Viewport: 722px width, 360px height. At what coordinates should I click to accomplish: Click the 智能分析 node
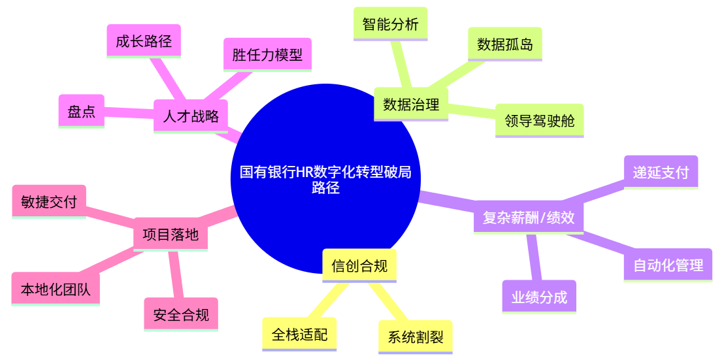[x=390, y=25]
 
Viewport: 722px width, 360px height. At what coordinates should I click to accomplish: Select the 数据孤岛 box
[x=504, y=44]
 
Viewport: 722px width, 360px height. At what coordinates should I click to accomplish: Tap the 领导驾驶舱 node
[x=539, y=121]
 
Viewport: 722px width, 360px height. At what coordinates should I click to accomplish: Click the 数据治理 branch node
[x=411, y=105]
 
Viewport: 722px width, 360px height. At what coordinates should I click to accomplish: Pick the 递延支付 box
[x=661, y=172]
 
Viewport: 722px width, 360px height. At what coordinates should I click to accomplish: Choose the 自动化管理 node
[x=668, y=265]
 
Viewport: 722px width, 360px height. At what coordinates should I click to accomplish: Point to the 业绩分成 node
[x=539, y=298]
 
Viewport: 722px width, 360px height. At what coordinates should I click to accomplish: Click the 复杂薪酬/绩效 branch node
[x=528, y=218]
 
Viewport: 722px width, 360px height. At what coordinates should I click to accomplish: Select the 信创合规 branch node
[x=359, y=266]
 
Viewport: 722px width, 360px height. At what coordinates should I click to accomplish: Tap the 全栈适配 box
[x=299, y=335]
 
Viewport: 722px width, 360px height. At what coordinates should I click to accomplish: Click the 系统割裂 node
[x=416, y=337]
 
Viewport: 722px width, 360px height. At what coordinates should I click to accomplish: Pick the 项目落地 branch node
[x=171, y=235]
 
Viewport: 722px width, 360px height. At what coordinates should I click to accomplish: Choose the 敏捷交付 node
[x=49, y=202]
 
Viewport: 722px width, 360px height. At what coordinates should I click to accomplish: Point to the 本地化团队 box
[x=56, y=289]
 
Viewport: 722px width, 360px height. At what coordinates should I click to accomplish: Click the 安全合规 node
[x=181, y=315]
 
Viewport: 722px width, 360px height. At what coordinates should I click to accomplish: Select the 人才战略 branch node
[x=191, y=116]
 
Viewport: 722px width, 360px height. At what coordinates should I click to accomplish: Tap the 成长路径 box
[x=144, y=42]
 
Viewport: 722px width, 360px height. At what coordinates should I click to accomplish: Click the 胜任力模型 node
[x=267, y=55]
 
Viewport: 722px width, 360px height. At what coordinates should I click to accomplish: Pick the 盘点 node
[x=81, y=112]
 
